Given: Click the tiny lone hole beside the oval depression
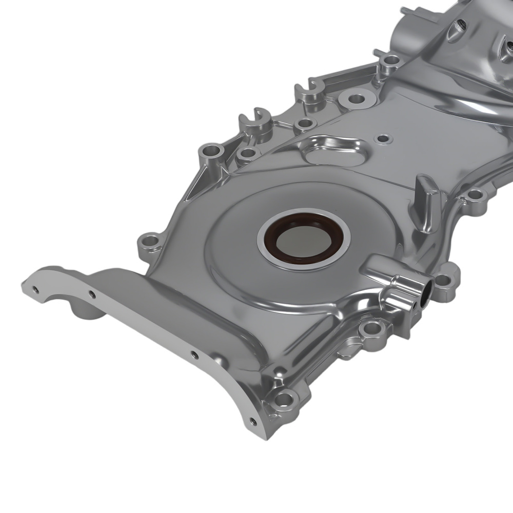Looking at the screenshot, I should coord(382,138).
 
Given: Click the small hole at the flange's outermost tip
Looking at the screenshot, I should coord(35,290).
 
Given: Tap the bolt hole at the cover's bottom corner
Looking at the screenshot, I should coord(284,398).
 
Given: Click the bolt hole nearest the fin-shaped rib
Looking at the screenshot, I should coord(475,194).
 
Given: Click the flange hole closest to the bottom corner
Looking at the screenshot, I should coord(252,422).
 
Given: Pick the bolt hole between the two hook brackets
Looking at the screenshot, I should coord(305,123).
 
